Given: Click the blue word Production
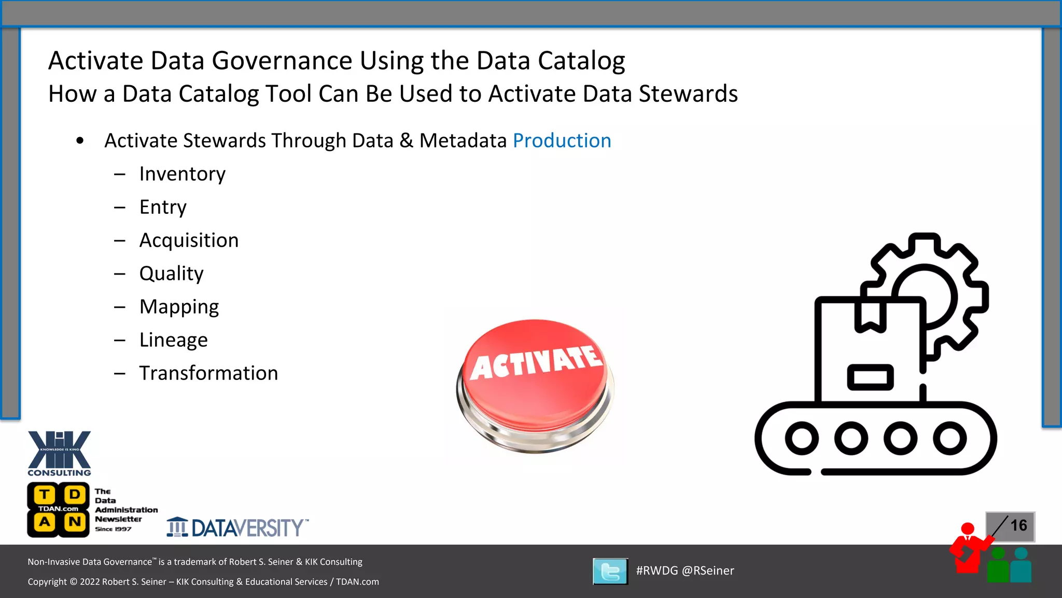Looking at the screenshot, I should pos(562,141).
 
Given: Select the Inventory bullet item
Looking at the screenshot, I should pos(182,174).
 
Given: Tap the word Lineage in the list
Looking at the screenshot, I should pos(173,340).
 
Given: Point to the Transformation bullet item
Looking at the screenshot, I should pos(208,373).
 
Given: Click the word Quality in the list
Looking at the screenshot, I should pos(171,274).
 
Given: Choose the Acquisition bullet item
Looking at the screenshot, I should pos(189,240).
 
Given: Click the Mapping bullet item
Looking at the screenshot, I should pos(179,307).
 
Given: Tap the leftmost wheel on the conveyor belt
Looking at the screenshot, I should pos(802,439).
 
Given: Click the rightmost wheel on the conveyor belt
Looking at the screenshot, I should pos(949,439).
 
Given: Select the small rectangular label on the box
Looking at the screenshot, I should pos(870,377).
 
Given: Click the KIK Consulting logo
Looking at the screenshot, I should pos(59,453).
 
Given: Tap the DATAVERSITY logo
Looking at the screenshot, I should pos(237,527).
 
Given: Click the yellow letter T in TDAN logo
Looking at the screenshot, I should pos(45,494).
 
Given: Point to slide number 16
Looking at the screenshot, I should pos(1018,526).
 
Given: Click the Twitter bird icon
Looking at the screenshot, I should pos(610,572).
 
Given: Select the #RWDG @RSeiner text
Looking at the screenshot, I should pos(684,570).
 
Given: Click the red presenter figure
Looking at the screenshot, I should pos(967,550).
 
